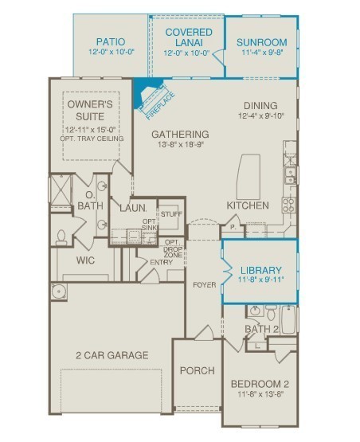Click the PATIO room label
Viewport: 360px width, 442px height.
[x=111, y=41]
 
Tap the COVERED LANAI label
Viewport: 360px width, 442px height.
[x=189, y=37]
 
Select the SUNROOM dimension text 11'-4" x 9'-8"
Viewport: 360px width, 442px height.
[x=262, y=53]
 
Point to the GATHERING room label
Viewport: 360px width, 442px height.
[x=180, y=134]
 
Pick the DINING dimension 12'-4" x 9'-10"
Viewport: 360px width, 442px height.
[x=261, y=115]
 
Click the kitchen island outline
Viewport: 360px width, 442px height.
[x=248, y=177]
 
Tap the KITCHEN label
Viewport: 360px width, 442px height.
[x=248, y=205]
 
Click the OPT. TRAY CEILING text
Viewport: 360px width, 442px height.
[x=92, y=139]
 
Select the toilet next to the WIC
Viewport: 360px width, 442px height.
[x=61, y=237]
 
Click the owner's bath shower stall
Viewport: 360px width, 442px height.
[x=61, y=190]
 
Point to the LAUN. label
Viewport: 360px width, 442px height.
[x=133, y=209]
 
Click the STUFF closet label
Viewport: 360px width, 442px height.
[x=171, y=214]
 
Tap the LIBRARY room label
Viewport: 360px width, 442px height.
[x=260, y=270]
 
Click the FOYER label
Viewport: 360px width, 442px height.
[x=205, y=285]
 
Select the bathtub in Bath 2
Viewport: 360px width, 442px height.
[x=288, y=319]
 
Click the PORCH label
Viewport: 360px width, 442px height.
[x=197, y=370]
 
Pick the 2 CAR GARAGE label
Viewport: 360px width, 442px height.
[x=112, y=355]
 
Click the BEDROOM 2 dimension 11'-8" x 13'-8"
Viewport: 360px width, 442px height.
[x=260, y=394]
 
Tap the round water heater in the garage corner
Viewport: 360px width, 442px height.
[x=59, y=291]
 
